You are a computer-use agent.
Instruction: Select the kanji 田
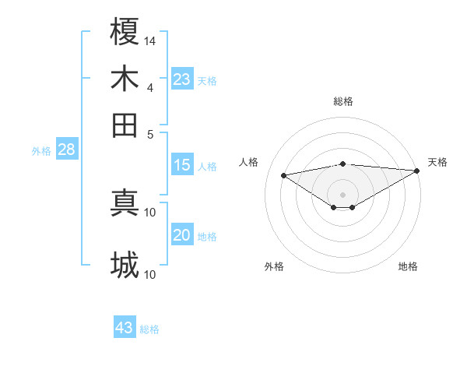(125, 125)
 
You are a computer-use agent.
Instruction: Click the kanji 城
(125, 265)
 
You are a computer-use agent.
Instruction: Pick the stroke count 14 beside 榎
(150, 40)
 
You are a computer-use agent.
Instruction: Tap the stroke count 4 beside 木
(150, 87)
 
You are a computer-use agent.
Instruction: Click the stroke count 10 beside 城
(150, 274)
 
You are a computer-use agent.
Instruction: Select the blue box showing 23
(182, 79)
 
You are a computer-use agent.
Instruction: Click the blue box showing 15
(182, 165)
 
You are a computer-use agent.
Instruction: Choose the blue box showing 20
(182, 235)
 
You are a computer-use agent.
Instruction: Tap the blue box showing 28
(66, 150)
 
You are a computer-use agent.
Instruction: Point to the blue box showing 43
(125, 328)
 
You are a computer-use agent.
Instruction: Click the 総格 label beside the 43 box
(149, 329)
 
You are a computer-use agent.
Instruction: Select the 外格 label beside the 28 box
(41, 151)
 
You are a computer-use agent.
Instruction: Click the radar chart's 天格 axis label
(437, 162)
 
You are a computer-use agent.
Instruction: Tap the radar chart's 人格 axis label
(249, 162)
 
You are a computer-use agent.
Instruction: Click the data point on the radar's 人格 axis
(283, 174)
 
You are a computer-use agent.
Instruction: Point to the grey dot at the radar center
(343, 194)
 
